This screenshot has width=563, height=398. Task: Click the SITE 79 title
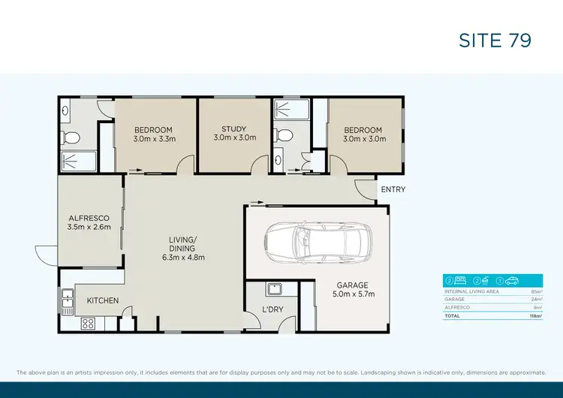[495, 40]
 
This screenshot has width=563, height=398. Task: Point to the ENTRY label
[393, 189]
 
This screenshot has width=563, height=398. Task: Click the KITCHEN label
[103, 300]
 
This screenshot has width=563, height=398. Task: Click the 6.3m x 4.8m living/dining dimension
[182, 258]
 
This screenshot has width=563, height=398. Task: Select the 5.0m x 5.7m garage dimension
[352, 294]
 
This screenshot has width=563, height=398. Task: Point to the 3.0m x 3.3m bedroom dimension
[154, 139]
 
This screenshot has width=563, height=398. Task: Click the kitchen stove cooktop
[88, 324]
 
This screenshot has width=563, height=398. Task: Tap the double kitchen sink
[67, 300]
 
